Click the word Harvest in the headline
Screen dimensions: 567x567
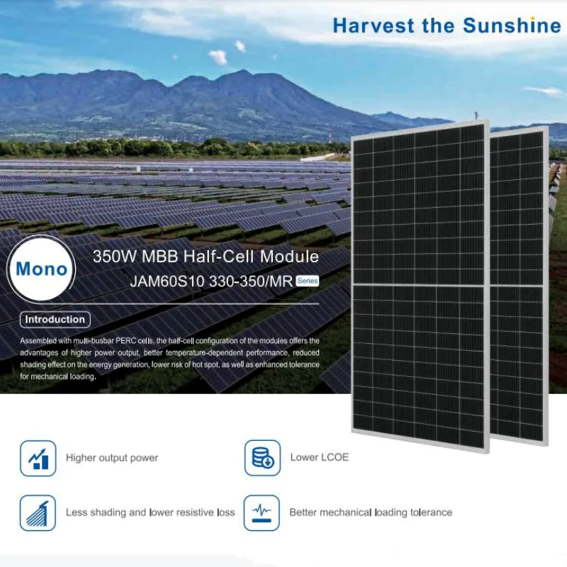pos(374,26)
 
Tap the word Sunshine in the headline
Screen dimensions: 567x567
pos(512,26)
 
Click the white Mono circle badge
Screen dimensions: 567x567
pos(41,269)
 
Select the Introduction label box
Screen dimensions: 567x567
pos(55,320)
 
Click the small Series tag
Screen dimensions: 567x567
pos(308,281)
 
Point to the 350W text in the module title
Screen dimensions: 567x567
pos(115,257)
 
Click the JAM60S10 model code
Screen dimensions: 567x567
pos(167,281)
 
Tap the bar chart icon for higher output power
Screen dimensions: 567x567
pos(38,458)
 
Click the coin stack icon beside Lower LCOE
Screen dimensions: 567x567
pos(262,458)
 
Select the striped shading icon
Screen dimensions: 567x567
pos(38,512)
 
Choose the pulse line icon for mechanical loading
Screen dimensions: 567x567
pos(262,512)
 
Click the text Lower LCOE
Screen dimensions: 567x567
pos(320,457)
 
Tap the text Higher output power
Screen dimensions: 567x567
pos(112,458)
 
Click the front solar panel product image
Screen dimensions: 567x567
pos(420,286)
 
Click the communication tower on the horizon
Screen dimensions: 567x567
pos(330,138)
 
